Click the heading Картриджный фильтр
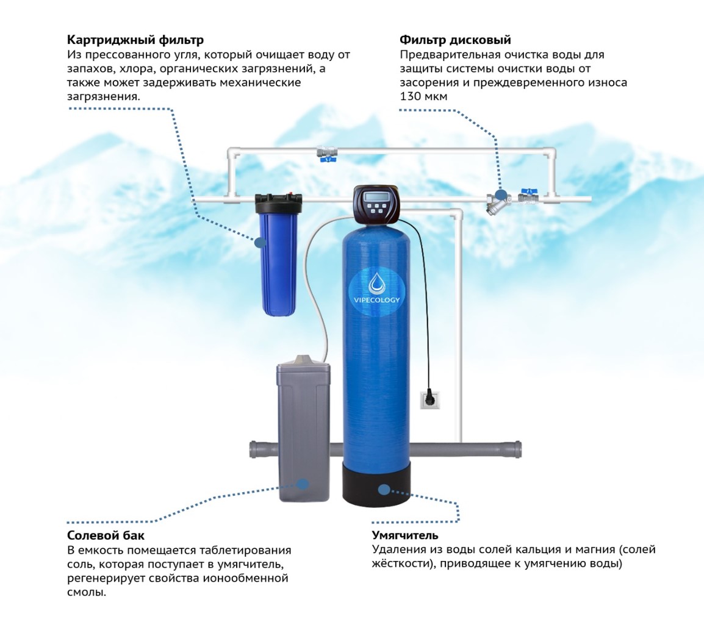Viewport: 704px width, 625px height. (135, 40)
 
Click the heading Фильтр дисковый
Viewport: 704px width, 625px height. (455, 40)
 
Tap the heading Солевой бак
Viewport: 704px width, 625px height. (106, 535)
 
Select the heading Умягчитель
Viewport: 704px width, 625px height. (405, 535)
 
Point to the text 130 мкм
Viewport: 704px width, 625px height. (423, 96)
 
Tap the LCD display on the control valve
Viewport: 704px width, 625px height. (376, 197)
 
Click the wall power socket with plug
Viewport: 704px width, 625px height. (429, 399)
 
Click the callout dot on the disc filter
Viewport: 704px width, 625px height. (501, 195)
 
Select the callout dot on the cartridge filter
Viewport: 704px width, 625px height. (260, 243)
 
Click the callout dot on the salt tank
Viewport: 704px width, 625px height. (303, 484)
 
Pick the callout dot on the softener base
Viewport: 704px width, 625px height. (384, 490)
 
